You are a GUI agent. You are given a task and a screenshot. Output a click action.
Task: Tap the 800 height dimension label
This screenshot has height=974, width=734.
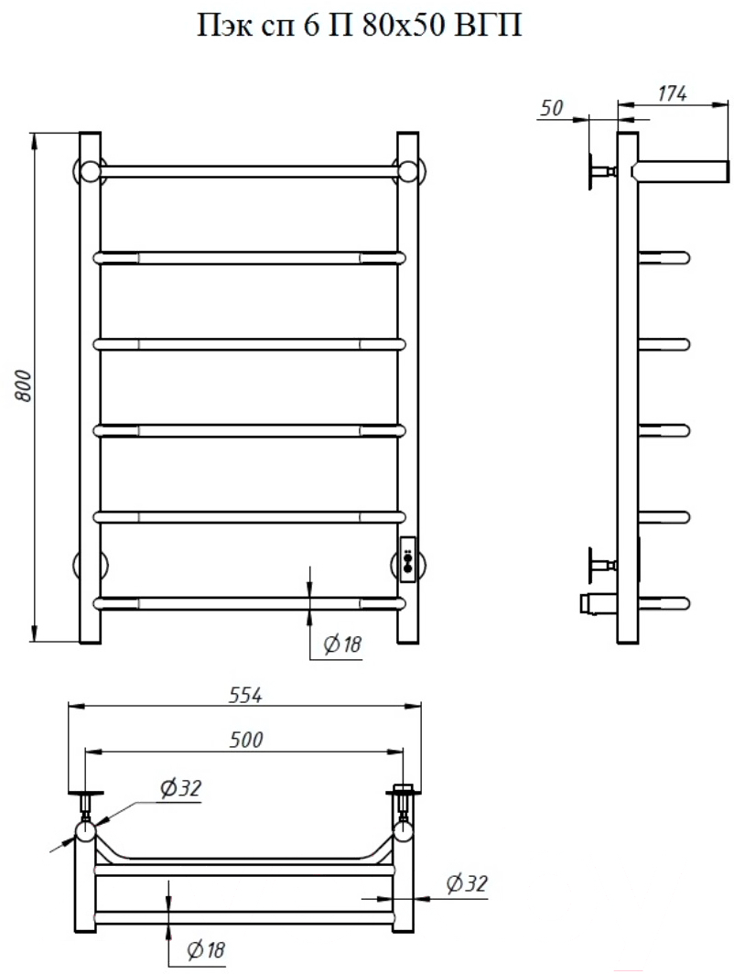coord(23,385)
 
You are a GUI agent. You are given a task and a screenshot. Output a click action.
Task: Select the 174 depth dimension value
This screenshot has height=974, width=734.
coord(672,93)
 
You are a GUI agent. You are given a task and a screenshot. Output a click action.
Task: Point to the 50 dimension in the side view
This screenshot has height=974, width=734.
coord(551,108)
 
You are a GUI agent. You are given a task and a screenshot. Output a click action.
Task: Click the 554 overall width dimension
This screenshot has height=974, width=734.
coord(245,695)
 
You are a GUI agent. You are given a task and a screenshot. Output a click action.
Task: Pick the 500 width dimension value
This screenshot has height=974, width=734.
coord(246,740)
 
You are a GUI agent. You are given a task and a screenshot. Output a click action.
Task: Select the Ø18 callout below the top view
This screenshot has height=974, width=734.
coord(206,950)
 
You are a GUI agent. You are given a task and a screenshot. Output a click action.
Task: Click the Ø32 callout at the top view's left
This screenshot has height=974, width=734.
coord(180,788)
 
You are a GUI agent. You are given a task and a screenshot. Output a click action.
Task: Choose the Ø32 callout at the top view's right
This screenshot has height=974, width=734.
coord(467,883)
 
